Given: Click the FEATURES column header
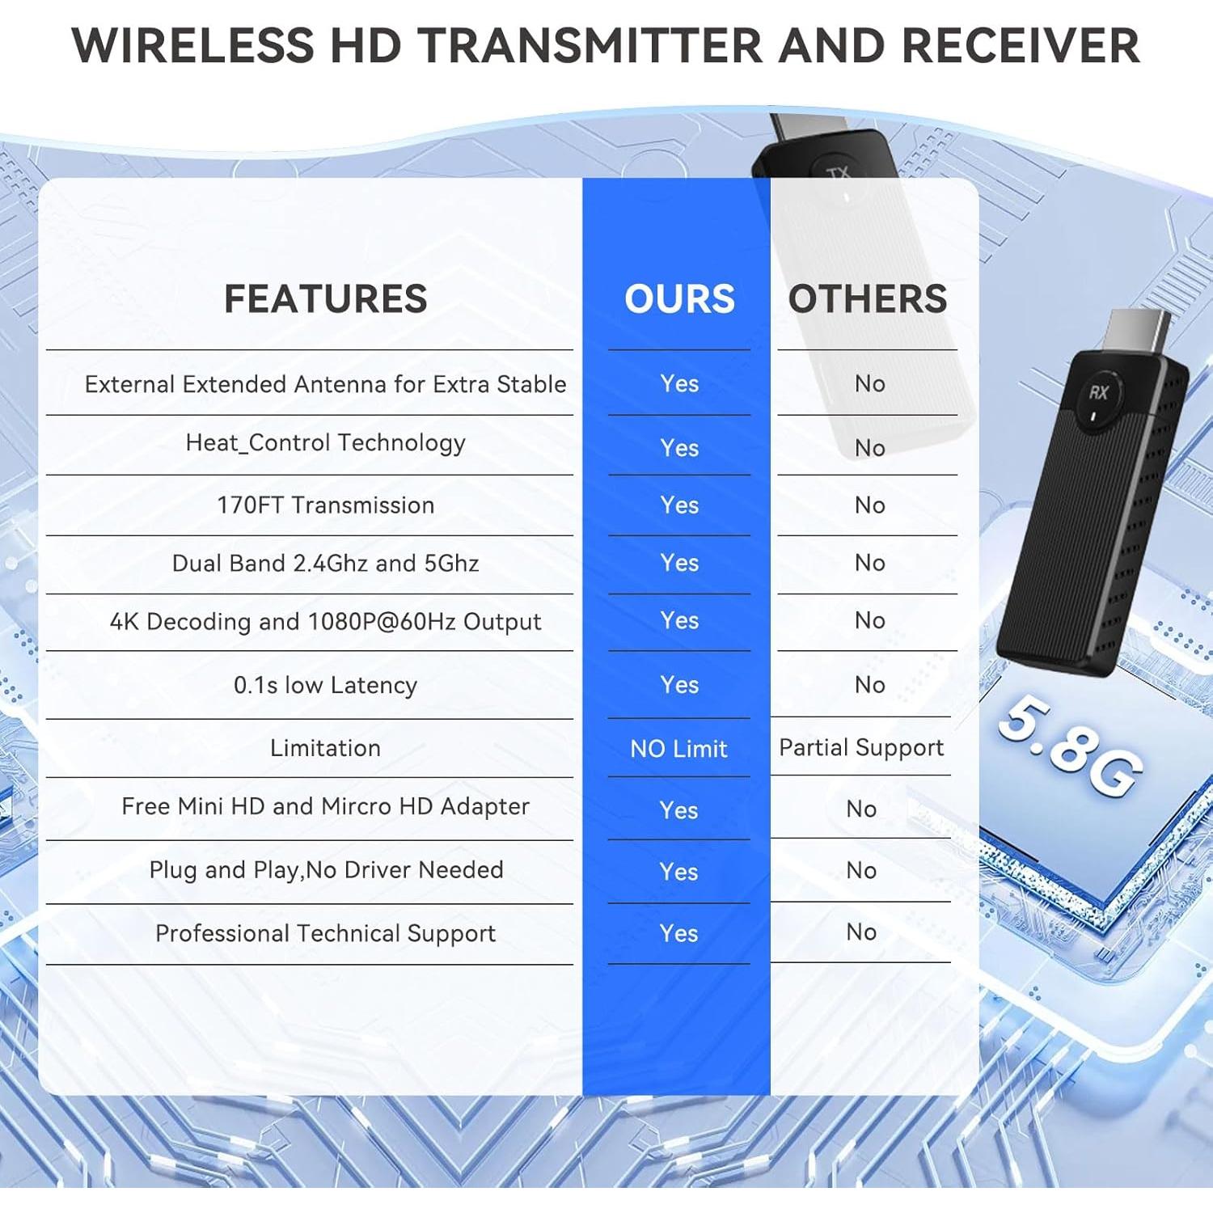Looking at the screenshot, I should pos(325,298).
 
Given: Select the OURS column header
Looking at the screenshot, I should pos(679,298).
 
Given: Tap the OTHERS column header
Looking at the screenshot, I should pos(867,298).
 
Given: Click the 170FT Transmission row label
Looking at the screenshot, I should pos(325,505).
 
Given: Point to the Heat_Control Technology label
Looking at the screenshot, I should pos(325,443).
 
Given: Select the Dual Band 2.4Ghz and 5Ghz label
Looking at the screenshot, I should pos(325,563).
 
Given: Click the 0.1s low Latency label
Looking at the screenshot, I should pos(325,685).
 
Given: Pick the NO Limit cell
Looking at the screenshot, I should pos(678,749).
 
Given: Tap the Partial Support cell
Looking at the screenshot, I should pos(861,748).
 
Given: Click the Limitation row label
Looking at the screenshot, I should pos(325,748).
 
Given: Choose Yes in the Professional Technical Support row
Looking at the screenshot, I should pos(678,933).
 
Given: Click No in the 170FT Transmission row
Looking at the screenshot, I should pos(869,505).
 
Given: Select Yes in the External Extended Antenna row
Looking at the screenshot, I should pos(679,383).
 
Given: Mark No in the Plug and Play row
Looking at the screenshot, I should pos(861,870).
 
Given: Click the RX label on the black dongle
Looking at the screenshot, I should pos(1098,393).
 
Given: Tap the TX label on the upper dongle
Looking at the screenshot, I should pos(839,173).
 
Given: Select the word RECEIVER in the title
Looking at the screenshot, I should pos(1021,45).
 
